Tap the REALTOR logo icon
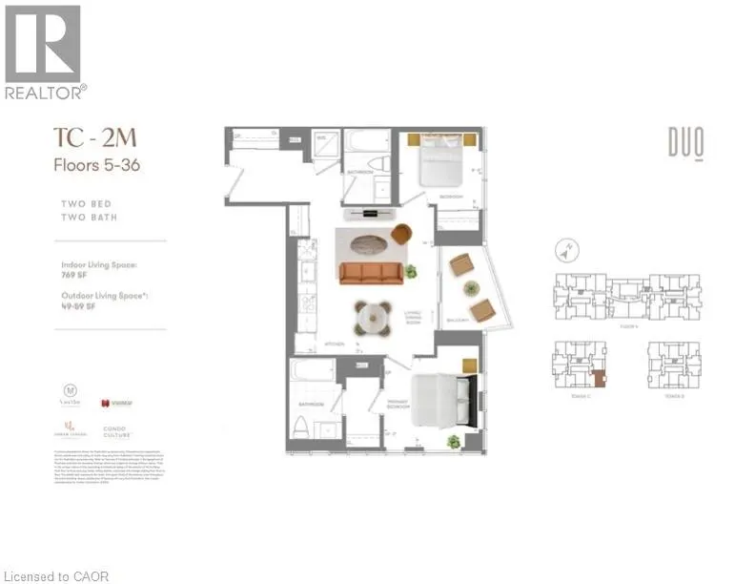tap(43, 44)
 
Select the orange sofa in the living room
tap(373, 271)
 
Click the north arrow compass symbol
tap(566, 252)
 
